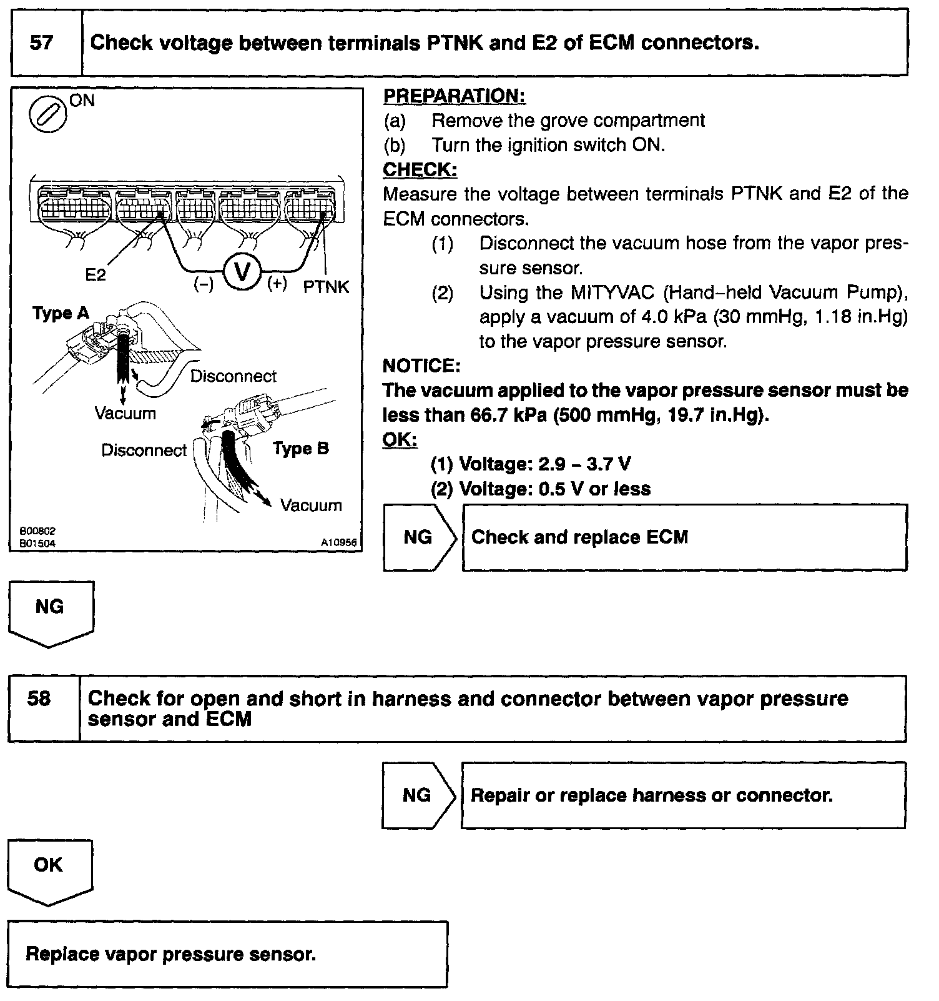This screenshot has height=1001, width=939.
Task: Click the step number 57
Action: (x=42, y=43)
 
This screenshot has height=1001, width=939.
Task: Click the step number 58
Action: (x=39, y=699)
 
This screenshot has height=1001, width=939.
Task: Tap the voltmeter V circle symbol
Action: (x=241, y=272)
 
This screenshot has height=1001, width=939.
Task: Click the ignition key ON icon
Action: (x=48, y=116)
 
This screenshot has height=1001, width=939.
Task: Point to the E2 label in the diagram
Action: (x=96, y=275)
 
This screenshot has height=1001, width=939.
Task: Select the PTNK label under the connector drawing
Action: (x=327, y=287)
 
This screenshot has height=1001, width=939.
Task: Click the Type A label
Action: (x=61, y=313)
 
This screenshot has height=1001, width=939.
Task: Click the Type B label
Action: (x=301, y=449)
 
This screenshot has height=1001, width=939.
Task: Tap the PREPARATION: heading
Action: (x=454, y=96)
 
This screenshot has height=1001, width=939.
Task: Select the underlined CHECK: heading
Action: (x=420, y=170)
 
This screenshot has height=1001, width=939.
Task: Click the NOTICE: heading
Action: (x=421, y=366)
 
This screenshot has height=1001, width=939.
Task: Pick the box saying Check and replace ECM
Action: (x=684, y=537)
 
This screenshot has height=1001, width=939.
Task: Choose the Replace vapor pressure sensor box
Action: (x=228, y=954)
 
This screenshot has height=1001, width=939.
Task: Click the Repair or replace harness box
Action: (x=683, y=795)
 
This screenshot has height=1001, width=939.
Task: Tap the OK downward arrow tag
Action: (x=49, y=871)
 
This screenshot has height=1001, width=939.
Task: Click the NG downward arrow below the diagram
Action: (x=50, y=613)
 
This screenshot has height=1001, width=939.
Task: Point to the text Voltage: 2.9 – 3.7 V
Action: (x=544, y=464)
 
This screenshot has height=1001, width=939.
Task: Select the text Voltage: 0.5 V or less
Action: (x=554, y=489)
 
